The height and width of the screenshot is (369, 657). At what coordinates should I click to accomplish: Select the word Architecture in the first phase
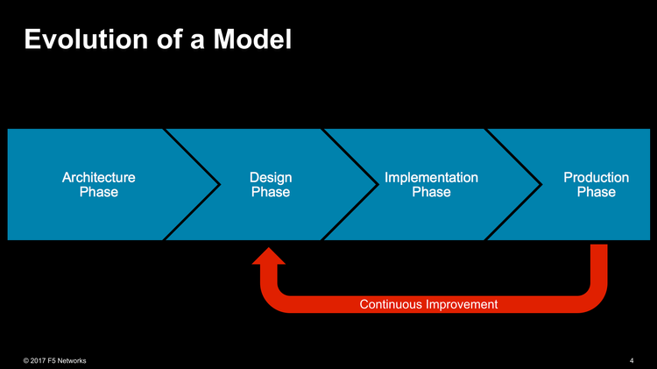98,177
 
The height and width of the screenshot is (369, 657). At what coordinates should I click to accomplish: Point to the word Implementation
431,177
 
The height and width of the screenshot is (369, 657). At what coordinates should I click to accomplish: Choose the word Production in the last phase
596,177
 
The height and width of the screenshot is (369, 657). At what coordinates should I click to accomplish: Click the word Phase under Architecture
98,193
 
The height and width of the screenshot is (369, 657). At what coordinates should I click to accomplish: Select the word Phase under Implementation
431,193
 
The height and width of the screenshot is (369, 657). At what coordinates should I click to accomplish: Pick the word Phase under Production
596,193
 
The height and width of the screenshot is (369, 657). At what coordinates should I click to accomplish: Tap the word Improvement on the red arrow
461,304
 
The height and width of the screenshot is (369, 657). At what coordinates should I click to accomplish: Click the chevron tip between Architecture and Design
218,184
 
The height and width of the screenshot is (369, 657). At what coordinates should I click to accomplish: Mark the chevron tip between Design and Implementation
378,184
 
